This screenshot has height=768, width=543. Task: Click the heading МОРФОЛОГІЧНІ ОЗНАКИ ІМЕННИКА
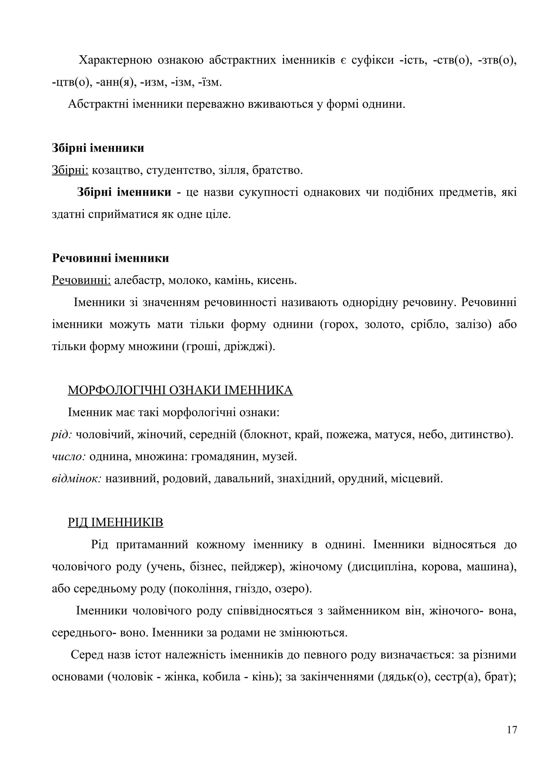(180, 390)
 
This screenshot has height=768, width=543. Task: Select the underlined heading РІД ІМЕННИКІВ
(115, 523)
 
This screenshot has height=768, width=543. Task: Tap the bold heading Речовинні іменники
(110, 258)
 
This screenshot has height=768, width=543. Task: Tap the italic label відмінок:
(77, 479)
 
